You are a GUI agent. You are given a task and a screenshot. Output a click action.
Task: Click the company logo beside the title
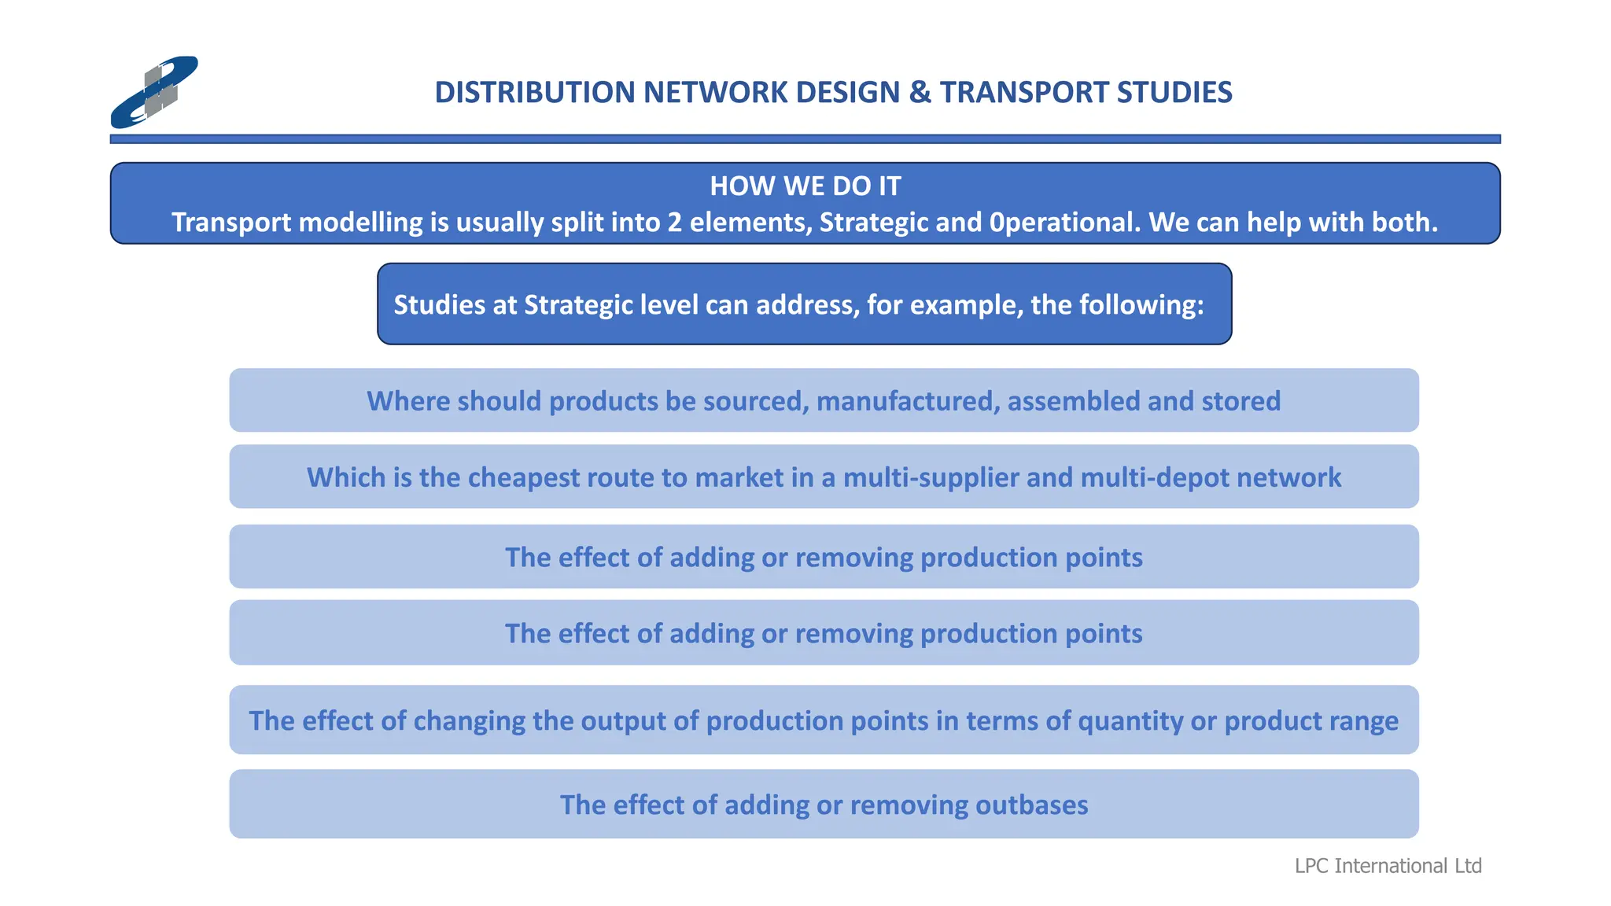(x=154, y=92)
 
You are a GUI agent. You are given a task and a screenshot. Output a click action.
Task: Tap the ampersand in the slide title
(x=920, y=93)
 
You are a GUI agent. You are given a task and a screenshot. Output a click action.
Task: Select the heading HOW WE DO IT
(x=805, y=186)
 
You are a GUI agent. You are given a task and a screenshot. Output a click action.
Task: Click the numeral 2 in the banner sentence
(x=674, y=223)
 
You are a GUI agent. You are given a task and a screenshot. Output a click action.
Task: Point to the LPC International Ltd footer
(x=1388, y=866)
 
